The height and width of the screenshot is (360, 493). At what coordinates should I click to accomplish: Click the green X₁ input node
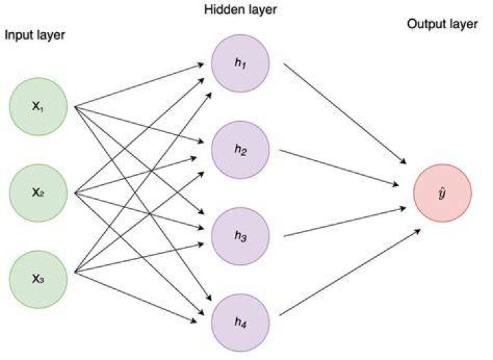point(38,107)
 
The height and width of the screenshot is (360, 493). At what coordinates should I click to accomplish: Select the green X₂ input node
point(38,193)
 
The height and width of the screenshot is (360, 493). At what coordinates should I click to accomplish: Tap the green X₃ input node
point(38,279)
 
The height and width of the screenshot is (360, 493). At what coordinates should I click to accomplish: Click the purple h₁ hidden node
point(240,63)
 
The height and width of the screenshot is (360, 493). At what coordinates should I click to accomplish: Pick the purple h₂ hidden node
point(240,149)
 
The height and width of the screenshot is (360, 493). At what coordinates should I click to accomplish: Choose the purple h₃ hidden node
point(240,236)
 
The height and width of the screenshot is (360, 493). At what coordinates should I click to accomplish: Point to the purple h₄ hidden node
point(240,322)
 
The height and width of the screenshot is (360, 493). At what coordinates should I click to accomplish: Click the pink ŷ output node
point(442,193)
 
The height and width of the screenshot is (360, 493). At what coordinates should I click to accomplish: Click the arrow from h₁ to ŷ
point(345,114)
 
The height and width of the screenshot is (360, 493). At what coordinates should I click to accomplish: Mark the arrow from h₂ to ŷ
point(339,168)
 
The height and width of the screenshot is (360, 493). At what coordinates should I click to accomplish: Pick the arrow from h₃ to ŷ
point(345,222)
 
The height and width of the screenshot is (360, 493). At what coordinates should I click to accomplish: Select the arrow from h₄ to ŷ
point(350,272)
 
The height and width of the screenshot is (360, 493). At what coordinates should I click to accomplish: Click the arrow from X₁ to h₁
point(139,85)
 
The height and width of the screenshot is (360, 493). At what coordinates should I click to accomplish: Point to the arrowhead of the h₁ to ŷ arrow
point(404,162)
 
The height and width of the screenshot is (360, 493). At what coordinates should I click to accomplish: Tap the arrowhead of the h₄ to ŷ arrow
point(418,231)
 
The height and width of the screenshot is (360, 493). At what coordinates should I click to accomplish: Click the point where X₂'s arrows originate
point(75,193)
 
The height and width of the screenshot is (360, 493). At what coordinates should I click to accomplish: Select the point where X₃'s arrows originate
point(75,272)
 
